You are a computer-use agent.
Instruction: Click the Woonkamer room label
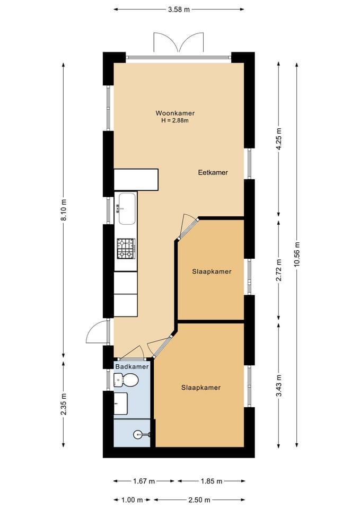(175, 113)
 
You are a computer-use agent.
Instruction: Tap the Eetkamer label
(213, 172)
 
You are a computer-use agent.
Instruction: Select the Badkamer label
(132, 366)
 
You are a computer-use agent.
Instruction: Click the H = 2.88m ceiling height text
(175, 120)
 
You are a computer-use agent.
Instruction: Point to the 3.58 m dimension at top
(179, 10)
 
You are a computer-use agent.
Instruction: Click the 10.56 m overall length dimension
(297, 254)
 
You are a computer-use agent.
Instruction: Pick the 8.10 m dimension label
(64, 210)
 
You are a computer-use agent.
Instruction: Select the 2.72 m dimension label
(278, 270)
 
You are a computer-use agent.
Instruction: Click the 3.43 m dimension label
(278, 385)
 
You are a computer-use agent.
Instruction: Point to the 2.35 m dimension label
(64, 404)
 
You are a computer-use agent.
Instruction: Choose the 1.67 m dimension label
(144, 481)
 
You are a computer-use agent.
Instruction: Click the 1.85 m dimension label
(212, 481)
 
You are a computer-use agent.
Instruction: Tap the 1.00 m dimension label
(132, 500)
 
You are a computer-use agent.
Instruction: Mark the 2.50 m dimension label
(199, 500)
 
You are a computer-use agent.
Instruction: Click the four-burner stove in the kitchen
(126, 248)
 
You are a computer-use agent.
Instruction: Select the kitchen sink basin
(127, 208)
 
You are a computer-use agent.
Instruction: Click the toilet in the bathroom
(126, 380)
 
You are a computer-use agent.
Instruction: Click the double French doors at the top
(179, 42)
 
